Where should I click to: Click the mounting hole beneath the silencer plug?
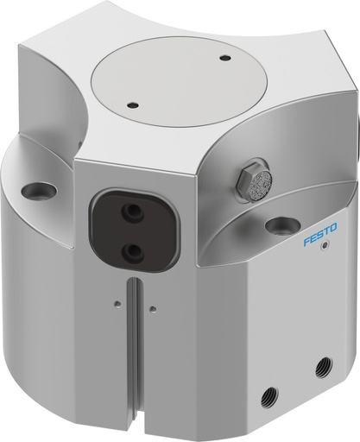pyautogui.click(x=282, y=226)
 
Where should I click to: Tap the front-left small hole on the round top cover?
pyautogui.click(x=132, y=106)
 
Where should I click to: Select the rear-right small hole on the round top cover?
pyautogui.click(x=225, y=59)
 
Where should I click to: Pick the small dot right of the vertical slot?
pyautogui.click(x=152, y=307)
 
